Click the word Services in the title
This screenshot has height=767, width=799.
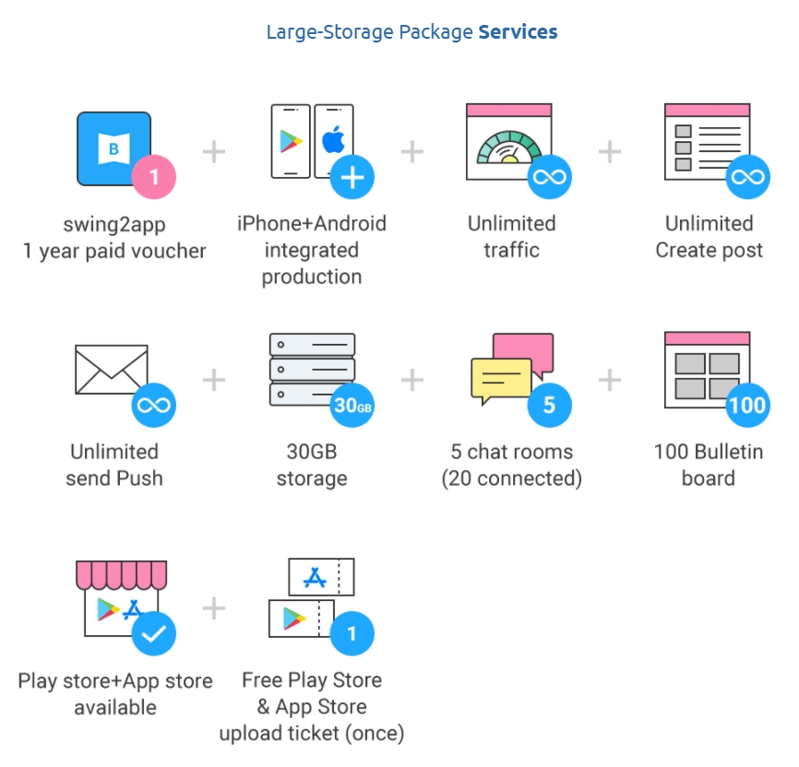pos(518,32)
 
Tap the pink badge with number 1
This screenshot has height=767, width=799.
pos(153,177)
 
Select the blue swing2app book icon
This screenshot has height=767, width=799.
pos(113,147)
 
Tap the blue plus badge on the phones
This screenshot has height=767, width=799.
pos(352,177)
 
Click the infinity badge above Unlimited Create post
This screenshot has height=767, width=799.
pos(747,177)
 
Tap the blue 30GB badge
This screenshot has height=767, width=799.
pos(352,406)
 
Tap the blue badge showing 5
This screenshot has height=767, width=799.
pos(550,406)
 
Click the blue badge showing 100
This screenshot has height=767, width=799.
pos(747,406)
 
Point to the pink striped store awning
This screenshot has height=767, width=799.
pos(121,573)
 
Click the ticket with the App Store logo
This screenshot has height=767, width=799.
pos(321,578)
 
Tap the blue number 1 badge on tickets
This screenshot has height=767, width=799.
pos(352,634)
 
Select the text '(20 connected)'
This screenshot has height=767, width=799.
pos(511,478)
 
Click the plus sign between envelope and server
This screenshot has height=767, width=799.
pos(214,380)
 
